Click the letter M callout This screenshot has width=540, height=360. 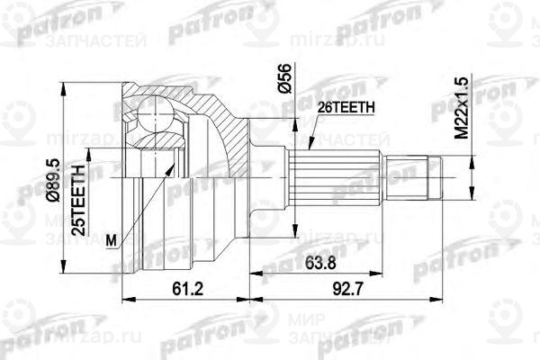(111, 239)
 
